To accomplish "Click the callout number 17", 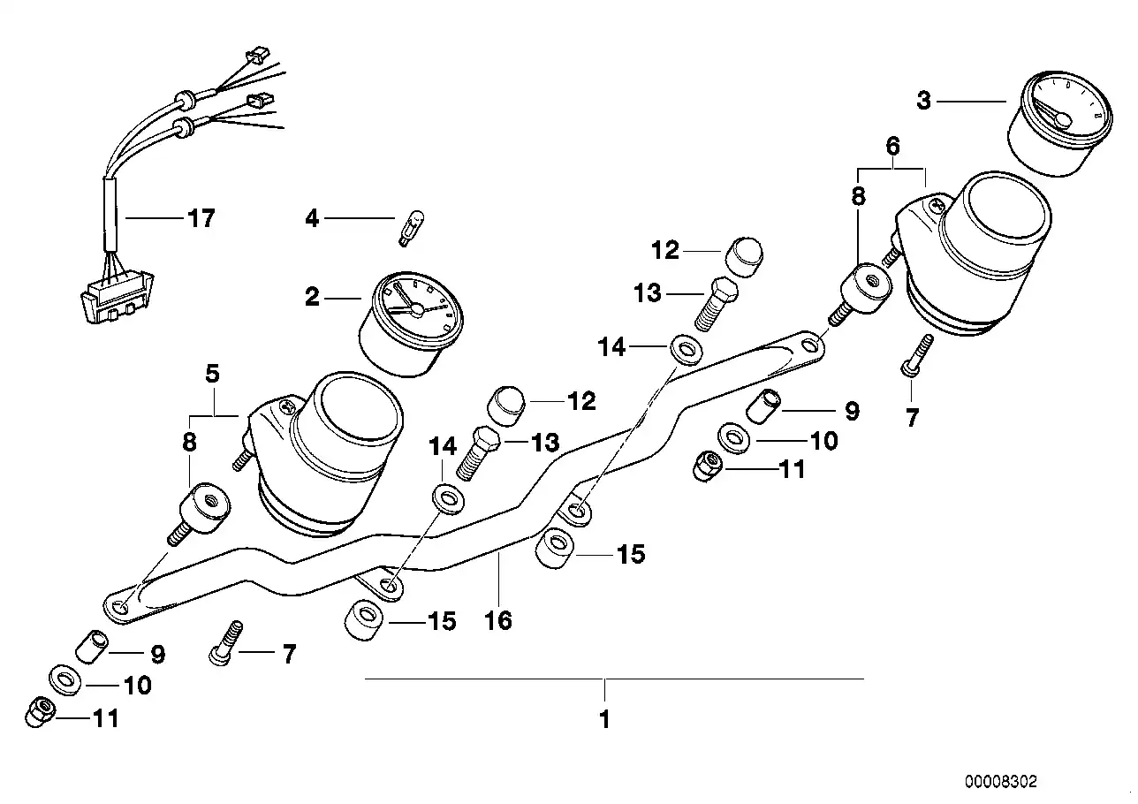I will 201,218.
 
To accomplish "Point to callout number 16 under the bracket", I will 498,620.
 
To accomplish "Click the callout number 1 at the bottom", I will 604,720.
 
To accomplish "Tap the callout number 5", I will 213,374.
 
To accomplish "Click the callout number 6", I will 892,145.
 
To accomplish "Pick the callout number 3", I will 923,101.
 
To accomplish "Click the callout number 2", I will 312,298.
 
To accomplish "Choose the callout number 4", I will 312,217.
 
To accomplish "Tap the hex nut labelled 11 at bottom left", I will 40,712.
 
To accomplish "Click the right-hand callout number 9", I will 851,411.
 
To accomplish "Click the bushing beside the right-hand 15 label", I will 554,550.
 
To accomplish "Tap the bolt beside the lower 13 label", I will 478,450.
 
